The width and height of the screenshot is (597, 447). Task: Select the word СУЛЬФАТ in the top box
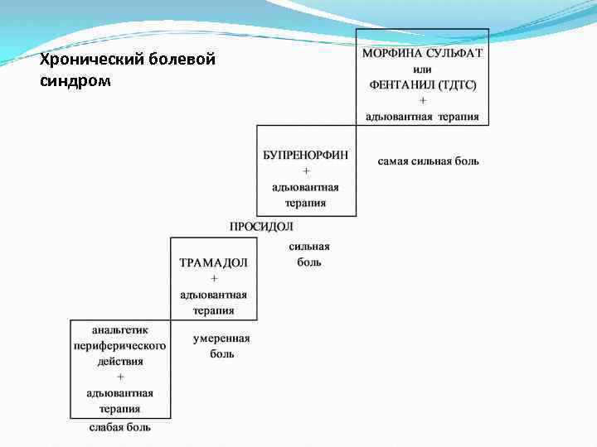coord(454,53)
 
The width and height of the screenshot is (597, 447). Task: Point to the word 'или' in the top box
coord(423,69)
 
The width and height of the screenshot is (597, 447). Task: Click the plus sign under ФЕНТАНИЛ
coord(423,100)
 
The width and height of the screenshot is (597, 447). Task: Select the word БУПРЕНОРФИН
coord(306,155)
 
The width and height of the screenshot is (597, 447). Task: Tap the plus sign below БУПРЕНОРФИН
coord(306,171)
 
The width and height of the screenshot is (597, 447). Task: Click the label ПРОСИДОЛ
coord(261,226)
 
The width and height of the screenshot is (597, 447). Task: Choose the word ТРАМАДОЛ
coord(213,262)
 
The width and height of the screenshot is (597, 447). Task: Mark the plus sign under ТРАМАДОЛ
coord(213,279)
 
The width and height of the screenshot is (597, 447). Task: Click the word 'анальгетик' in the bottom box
coord(120,329)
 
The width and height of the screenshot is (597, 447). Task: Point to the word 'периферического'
coord(120,345)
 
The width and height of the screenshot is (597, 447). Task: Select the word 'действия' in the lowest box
coord(120,361)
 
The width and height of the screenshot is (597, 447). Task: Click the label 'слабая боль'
coord(120,427)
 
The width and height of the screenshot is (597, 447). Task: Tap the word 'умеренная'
coord(221,338)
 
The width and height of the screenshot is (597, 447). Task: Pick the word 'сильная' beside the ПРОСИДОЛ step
coord(309,246)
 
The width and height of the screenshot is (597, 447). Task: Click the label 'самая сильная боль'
coord(428,161)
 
